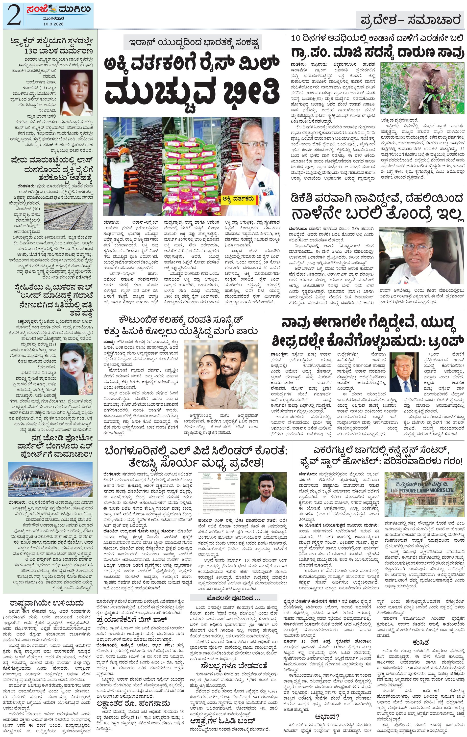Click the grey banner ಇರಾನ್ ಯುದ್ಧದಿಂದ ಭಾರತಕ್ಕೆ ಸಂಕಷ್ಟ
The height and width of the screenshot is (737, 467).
click(x=193, y=43)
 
